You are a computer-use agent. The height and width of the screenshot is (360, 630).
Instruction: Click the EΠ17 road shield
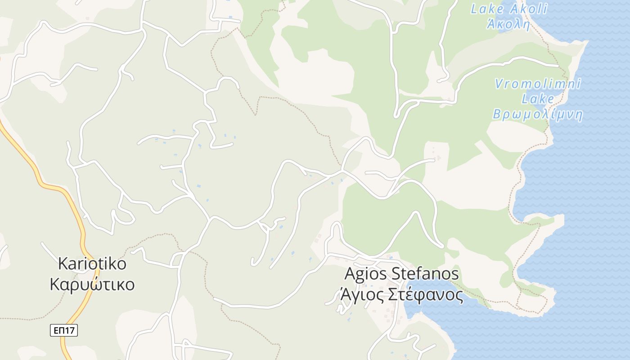pyautogui.click(x=63, y=331)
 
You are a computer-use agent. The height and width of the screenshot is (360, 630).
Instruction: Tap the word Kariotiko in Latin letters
pyautogui.click(x=92, y=264)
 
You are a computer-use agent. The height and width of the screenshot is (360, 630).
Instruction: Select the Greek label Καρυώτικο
pyautogui.click(x=92, y=284)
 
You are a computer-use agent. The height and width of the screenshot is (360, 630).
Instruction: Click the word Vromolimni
pyautogui.click(x=538, y=84)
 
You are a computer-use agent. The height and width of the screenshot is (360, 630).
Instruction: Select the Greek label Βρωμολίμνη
pyautogui.click(x=538, y=114)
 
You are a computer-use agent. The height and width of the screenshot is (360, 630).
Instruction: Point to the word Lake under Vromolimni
pyautogui.click(x=538, y=99)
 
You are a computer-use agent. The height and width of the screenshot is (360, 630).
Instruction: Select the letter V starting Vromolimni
pyautogui.click(x=499, y=84)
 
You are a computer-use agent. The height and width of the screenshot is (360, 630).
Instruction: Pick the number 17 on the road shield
pyautogui.click(x=69, y=331)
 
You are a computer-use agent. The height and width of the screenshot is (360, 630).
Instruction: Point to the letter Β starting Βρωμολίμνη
pyautogui.click(x=497, y=114)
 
